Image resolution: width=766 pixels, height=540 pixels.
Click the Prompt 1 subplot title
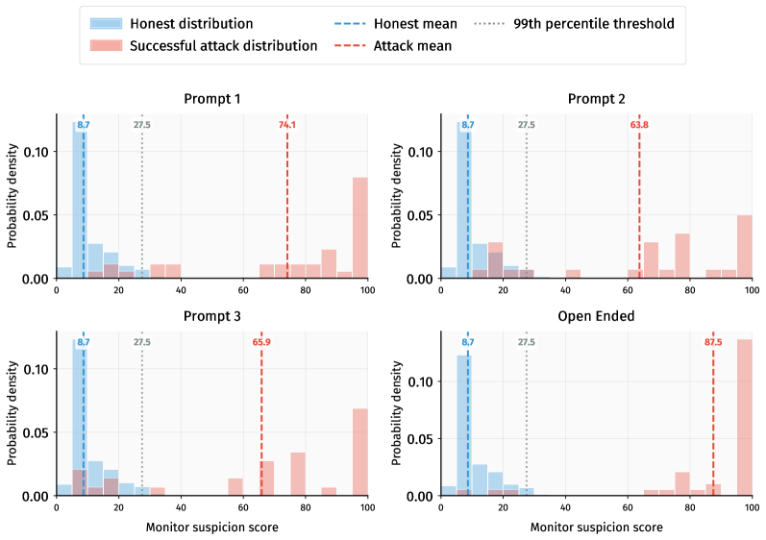(x=211, y=99)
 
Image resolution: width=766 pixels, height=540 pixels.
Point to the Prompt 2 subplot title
(x=596, y=99)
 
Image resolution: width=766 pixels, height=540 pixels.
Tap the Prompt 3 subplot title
(x=211, y=316)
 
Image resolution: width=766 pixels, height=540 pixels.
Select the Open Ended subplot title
(x=596, y=316)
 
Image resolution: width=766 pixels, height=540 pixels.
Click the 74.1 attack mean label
(x=287, y=125)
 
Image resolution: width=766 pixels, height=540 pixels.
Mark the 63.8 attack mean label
(x=639, y=125)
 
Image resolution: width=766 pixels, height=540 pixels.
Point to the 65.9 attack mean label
(x=261, y=341)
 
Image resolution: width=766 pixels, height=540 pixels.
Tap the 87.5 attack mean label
(x=713, y=341)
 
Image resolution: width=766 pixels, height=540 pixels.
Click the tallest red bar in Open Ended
(x=744, y=417)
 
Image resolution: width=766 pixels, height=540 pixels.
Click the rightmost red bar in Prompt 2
(x=744, y=246)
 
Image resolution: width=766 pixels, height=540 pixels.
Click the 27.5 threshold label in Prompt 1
(x=141, y=125)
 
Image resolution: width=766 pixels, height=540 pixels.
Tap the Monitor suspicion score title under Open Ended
(x=596, y=528)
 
